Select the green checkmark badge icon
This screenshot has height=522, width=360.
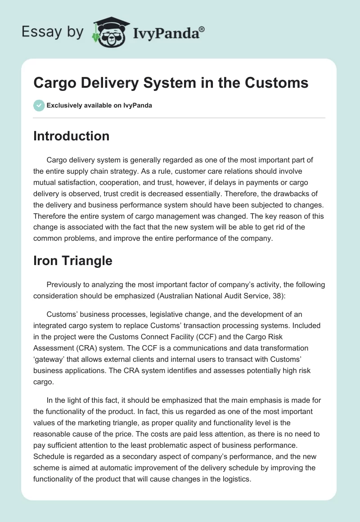click(x=39, y=105)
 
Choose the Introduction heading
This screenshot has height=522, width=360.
click(x=71, y=136)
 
